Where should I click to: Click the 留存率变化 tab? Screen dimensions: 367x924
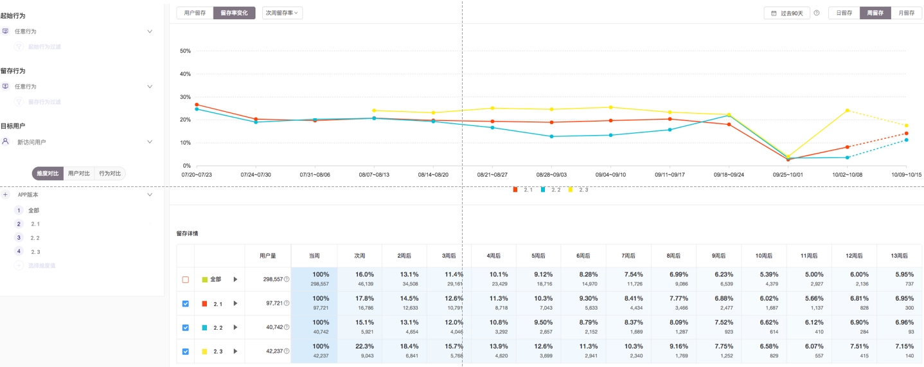pyautogui.click(x=234, y=13)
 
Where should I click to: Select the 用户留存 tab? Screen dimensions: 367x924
pyautogui.click(x=195, y=13)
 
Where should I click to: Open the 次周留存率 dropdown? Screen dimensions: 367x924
pyautogui.click(x=282, y=13)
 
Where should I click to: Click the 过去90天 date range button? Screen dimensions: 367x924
pyautogui.click(x=787, y=13)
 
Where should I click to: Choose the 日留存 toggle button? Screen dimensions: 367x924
pyautogui.click(x=844, y=13)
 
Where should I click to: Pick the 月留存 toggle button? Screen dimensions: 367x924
pyautogui.click(x=907, y=13)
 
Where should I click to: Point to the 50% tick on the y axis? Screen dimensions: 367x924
pyautogui.click(x=185, y=51)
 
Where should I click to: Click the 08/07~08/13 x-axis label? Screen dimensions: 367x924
pyautogui.click(x=374, y=174)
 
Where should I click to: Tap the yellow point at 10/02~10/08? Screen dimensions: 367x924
pyautogui.click(x=847, y=111)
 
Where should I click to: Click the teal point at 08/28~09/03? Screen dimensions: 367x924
pyautogui.click(x=551, y=136)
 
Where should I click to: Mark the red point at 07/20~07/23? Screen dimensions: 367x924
pyautogui.click(x=197, y=105)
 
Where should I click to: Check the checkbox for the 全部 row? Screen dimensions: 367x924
pyautogui.click(x=186, y=280)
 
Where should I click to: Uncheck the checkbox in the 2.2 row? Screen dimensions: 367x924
pyautogui.click(x=186, y=327)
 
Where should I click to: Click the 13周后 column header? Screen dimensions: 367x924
pyautogui.click(x=899, y=256)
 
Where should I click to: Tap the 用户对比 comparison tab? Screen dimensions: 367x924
pyautogui.click(x=79, y=174)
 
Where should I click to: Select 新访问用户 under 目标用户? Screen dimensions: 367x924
pyautogui.click(x=31, y=142)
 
